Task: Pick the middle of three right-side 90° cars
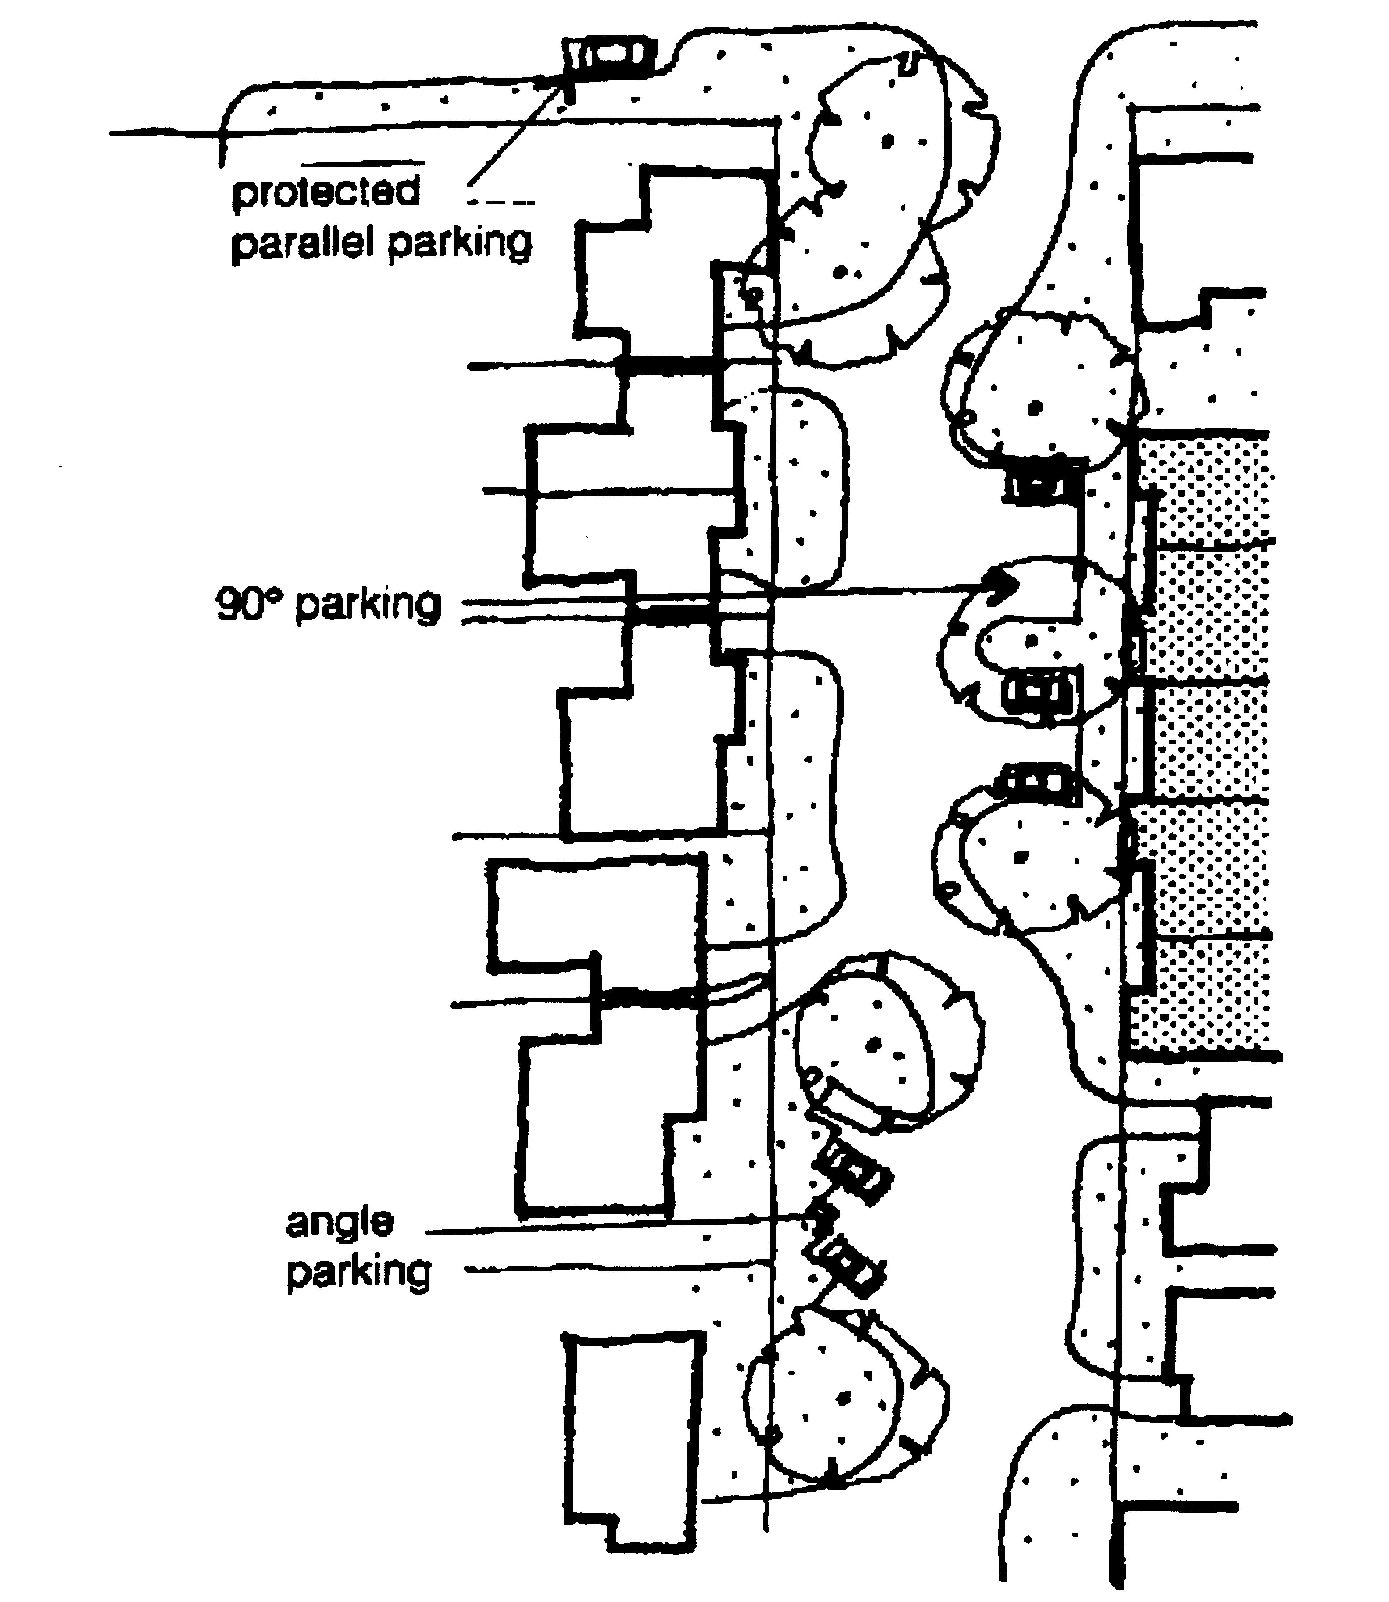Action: pyautogui.click(x=1039, y=691)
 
